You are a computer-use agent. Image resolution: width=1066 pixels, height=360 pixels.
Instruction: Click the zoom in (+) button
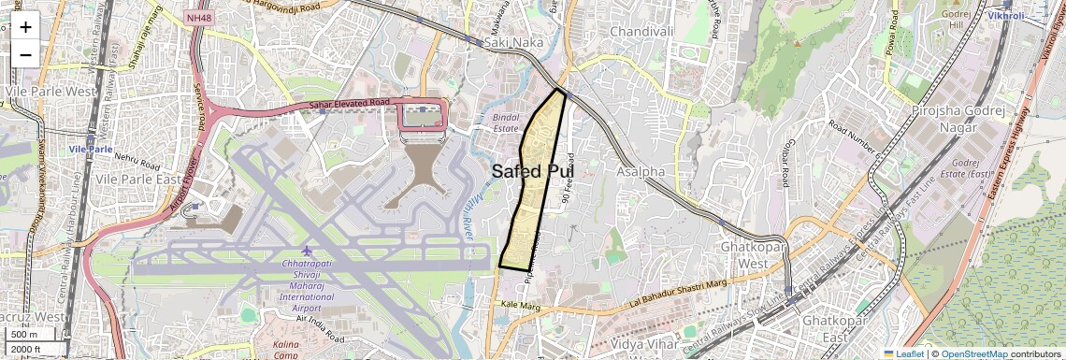[25, 26]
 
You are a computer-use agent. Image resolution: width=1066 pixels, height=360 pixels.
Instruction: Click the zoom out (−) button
[25, 54]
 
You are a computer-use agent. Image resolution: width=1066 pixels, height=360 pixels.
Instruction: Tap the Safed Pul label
[532, 170]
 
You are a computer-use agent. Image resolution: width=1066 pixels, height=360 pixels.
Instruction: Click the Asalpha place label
[641, 172]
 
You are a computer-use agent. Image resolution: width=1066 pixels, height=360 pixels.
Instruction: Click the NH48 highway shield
[196, 18]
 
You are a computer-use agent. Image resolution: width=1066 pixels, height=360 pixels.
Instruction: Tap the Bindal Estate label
[511, 123]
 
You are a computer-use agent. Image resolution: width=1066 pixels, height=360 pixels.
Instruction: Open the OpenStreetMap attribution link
[973, 353]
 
